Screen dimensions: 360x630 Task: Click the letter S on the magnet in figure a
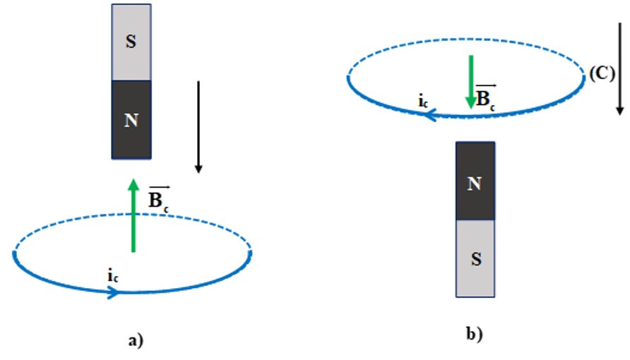(131, 42)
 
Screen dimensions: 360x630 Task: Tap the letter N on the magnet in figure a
(131, 121)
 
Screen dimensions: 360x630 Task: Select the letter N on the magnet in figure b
(475, 184)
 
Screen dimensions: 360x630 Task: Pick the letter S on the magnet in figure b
(476, 259)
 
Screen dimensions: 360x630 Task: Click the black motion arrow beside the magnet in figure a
(198, 127)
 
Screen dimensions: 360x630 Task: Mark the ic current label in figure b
(423, 102)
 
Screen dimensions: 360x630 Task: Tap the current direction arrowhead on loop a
(112, 292)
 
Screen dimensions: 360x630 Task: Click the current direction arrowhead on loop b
(430, 112)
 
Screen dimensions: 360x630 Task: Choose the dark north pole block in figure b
(475, 181)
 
